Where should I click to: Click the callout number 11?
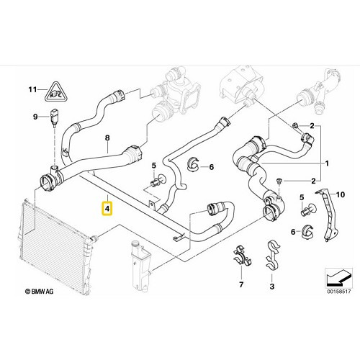click(x=32, y=90)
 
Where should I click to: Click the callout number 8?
click(x=107, y=137)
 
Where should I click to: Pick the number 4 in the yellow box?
click(x=107, y=210)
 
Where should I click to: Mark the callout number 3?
click(x=271, y=287)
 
